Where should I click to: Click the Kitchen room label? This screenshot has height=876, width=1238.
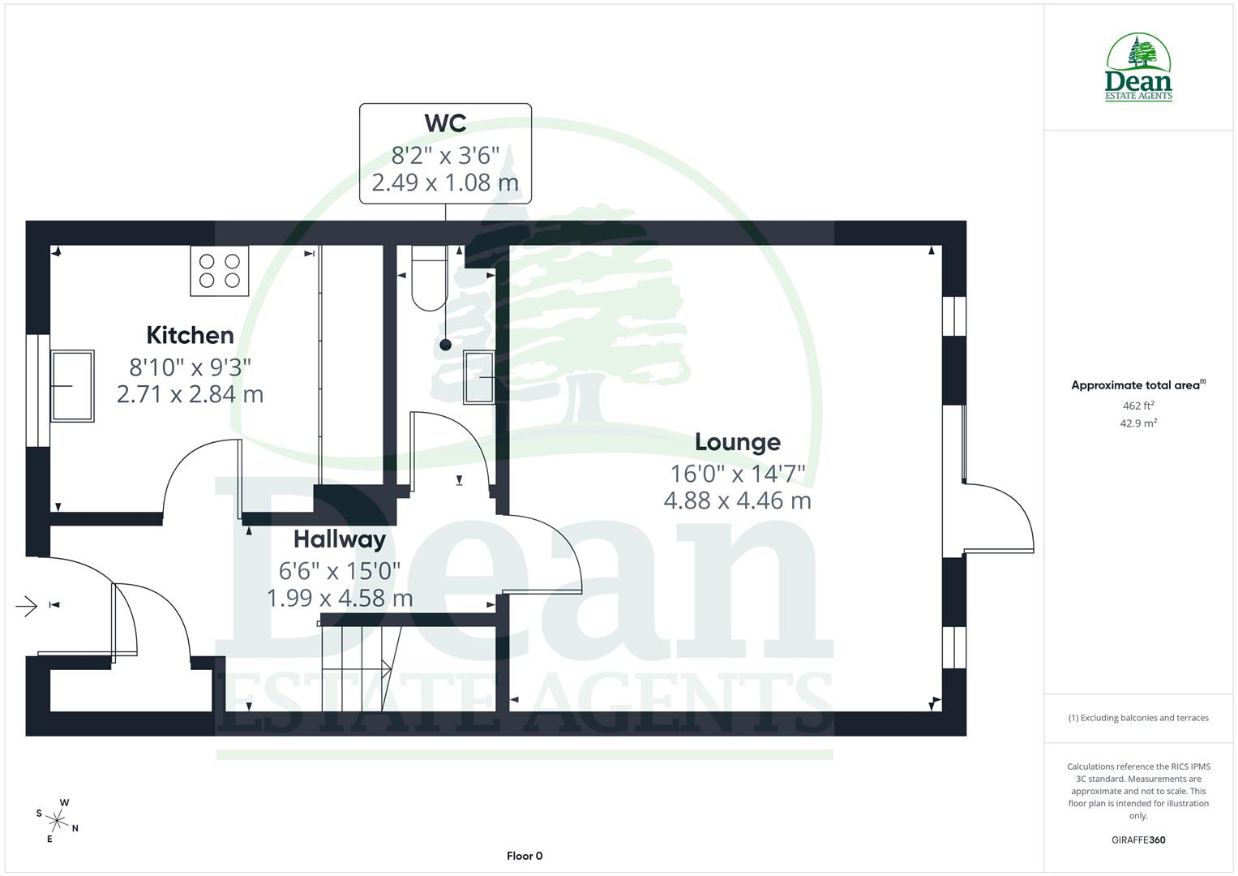pyautogui.click(x=190, y=335)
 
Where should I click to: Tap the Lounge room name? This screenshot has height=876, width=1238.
pyautogui.click(x=737, y=442)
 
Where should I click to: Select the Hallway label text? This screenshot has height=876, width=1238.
pyautogui.click(x=339, y=539)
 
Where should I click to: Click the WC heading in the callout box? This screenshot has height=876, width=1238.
pyautogui.click(x=445, y=123)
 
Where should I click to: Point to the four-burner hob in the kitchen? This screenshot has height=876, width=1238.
pyautogui.click(x=220, y=271)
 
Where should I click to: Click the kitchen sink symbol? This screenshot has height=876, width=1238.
pyautogui.click(x=72, y=386)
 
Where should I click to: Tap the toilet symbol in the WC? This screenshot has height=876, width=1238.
pyautogui.click(x=429, y=278)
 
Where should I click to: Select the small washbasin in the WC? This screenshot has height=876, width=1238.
pyautogui.click(x=478, y=377)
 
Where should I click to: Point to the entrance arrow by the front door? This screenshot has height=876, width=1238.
pyautogui.click(x=27, y=605)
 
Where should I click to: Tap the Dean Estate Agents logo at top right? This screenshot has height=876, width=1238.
pyautogui.click(x=1138, y=68)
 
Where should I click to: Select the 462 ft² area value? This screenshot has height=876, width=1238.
pyautogui.click(x=1137, y=406)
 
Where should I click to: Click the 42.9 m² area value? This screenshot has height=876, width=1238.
pyautogui.click(x=1137, y=423)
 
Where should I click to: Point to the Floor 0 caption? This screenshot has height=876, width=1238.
pyautogui.click(x=524, y=856)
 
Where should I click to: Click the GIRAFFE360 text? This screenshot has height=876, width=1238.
pyautogui.click(x=1137, y=839)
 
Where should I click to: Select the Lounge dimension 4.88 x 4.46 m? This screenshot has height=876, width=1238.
pyautogui.click(x=737, y=500)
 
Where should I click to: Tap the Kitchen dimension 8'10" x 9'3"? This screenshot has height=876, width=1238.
pyautogui.click(x=190, y=367)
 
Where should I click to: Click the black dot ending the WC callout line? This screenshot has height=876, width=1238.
pyautogui.click(x=445, y=345)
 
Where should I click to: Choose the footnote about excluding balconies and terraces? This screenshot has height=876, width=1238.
pyautogui.click(x=1137, y=718)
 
